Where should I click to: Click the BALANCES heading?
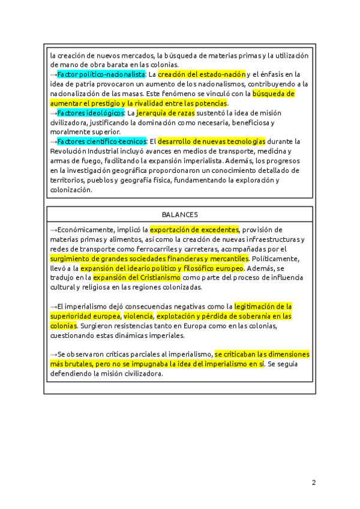[x=180, y=214]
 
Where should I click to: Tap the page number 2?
[x=313, y=482]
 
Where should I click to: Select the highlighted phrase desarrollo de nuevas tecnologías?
[x=211, y=142]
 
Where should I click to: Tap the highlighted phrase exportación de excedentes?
[x=194, y=229]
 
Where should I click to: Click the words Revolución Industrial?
[x=84, y=151]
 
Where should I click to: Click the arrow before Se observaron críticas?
[x=53, y=355]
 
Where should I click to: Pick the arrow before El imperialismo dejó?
[x=53, y=307]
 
